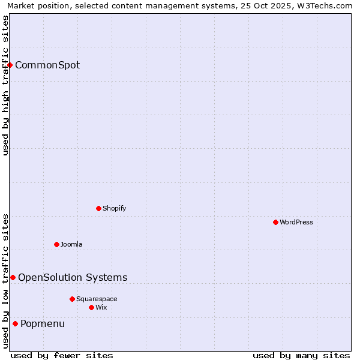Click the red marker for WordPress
[275, 222]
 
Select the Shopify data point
[98, 208]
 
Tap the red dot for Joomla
[56, 244]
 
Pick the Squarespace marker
[72, 299]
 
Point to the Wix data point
[91, 307]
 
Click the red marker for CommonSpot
[10, 65]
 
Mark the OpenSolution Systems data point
[13, 277]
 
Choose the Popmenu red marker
[15, 323]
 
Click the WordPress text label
[296, 222]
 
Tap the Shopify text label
[114, 208]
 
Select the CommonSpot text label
[47, 65]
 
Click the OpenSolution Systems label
[73, 277]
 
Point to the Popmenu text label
[43, 324]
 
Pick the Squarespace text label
[97, 299]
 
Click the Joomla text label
[71, 244]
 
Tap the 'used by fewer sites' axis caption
[62, 355]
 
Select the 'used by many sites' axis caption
[301, 355]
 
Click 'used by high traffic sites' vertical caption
[5, 85]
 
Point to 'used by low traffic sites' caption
[5, 281]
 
